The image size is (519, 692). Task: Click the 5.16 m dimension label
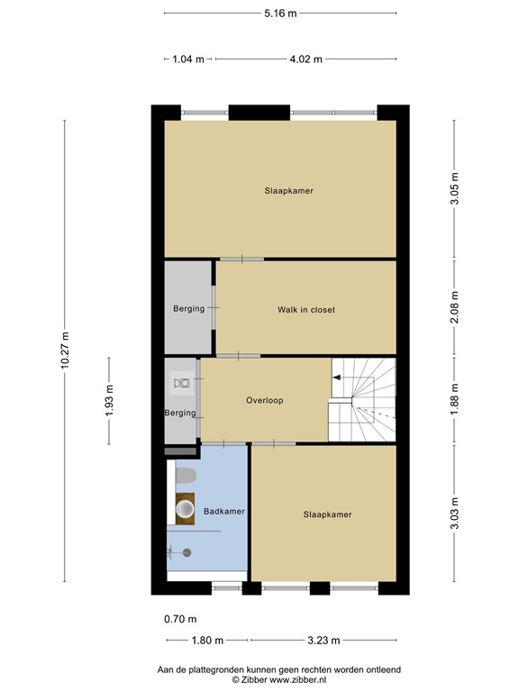click(x=279, y=13)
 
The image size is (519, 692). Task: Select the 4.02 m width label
click(x=306, y=59)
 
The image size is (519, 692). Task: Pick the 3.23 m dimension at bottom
click(x=323, y=641)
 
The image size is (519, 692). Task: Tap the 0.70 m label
click(x=179, y=619)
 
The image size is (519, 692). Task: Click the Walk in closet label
click(x=305, y=310)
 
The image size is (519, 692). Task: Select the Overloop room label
click(x=265, y=401)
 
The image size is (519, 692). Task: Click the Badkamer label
click(x=224, y=512)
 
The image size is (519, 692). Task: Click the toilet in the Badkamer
click(x=184, y=476)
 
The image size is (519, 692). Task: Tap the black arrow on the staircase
click(x=338, y=378)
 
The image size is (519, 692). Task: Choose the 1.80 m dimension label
click(x=206, y=641)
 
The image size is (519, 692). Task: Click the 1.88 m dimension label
click(x=456, y=400)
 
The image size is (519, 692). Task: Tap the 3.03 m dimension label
click(x=456, y=515)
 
